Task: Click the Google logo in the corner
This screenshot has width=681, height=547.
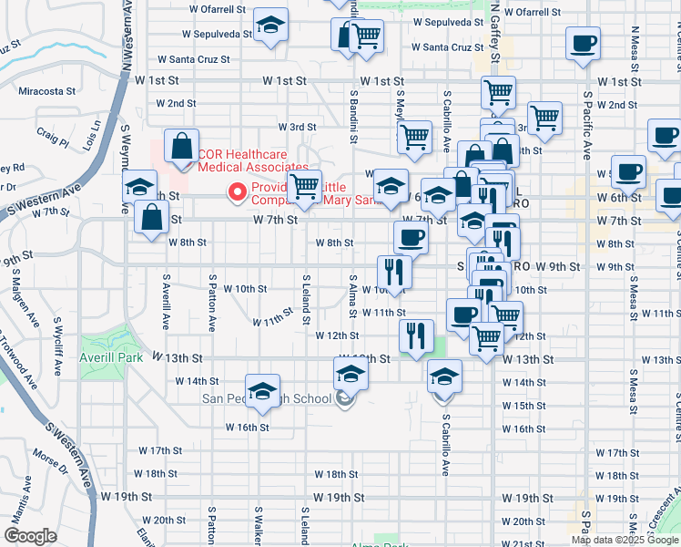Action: point(31,535)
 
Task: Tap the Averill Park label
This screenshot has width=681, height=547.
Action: point(111,358)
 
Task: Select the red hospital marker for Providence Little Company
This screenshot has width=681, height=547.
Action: point(238,191)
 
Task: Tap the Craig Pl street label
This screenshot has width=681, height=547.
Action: point(53,137)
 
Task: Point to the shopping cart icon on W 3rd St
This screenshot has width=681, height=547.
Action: point(414,137)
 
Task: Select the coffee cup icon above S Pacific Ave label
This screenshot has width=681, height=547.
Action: point(583,43)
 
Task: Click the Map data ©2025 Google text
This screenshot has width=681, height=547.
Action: point(625,540)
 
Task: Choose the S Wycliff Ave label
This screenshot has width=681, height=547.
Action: point(58,347)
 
